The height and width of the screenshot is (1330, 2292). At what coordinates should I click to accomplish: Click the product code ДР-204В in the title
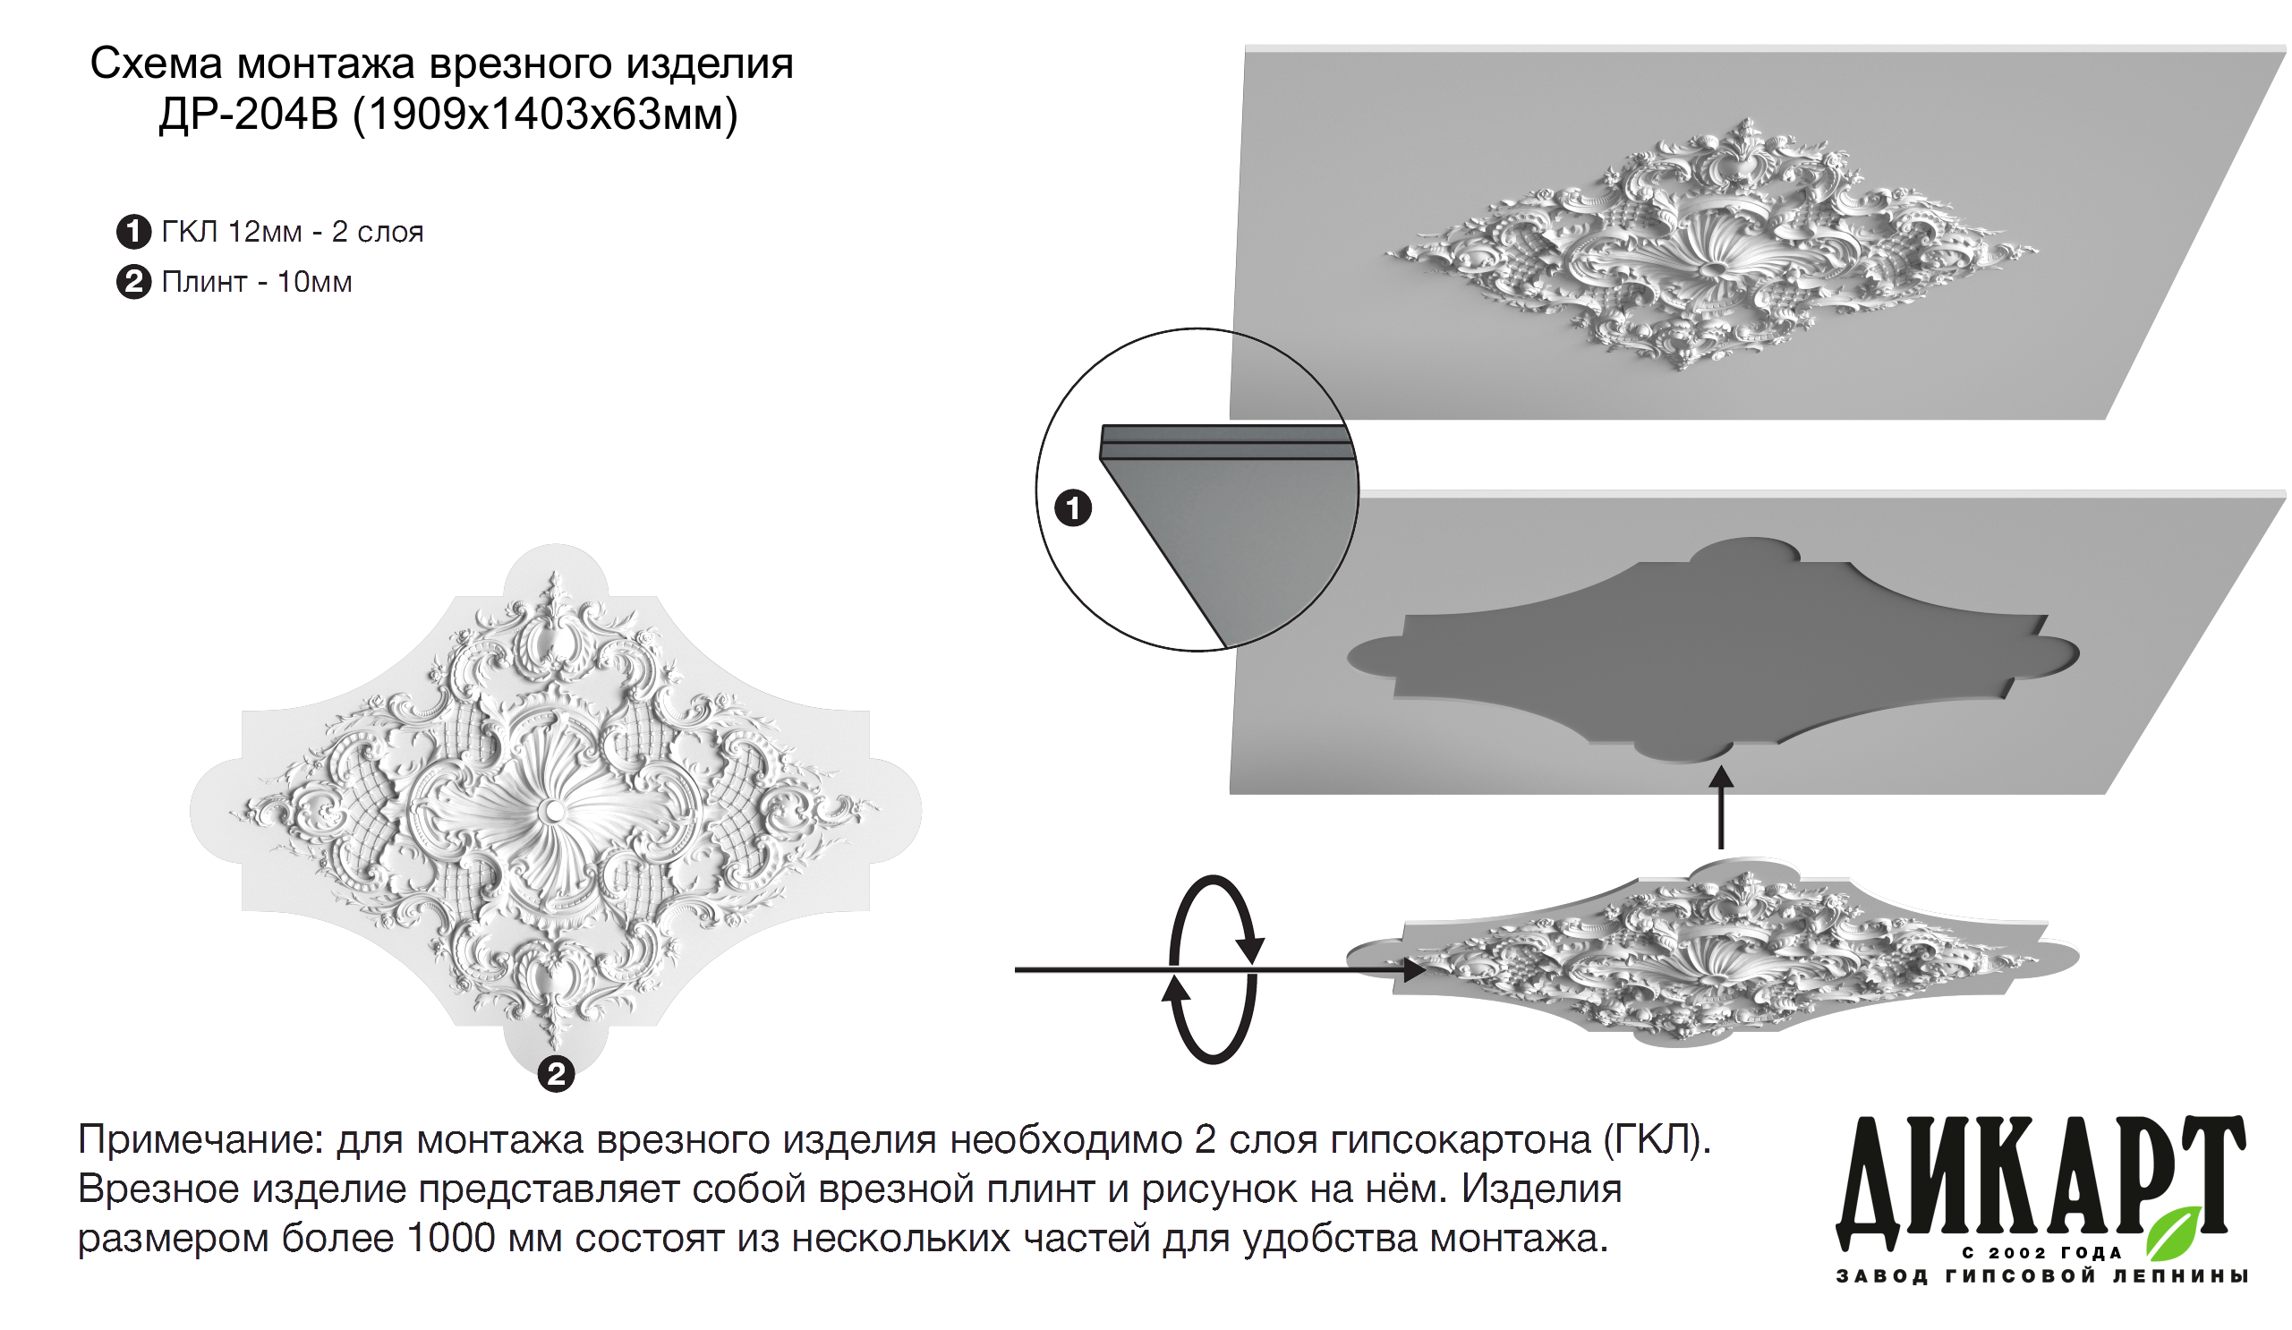click(248, 115)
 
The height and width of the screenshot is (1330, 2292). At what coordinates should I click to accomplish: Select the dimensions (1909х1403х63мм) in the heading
click(545, 115)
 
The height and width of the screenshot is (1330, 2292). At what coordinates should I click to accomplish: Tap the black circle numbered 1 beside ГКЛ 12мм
click(133, 232)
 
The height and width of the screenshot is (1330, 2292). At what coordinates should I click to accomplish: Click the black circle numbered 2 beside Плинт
click(133, 282)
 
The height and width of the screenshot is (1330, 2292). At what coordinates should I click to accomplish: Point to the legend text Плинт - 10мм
click(257, 282)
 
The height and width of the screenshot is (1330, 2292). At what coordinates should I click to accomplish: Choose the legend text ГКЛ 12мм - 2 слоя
click(292, 232)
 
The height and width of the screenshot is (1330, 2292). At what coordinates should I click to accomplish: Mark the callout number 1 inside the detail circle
click(1073, 507)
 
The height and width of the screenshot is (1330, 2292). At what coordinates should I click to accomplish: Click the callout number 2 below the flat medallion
click(556, 1074)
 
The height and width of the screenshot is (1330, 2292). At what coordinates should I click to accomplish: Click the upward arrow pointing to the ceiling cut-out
click(1720, 808)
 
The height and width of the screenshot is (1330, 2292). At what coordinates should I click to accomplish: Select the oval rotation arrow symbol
click(1213, 968)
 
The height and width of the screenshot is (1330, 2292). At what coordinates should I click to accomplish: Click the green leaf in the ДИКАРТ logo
click(2174, 1232)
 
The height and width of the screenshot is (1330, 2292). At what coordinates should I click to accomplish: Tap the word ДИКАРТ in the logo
click(2040, 1182)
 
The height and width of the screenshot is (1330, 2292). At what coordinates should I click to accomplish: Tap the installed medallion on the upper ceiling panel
click(1710, 243)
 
